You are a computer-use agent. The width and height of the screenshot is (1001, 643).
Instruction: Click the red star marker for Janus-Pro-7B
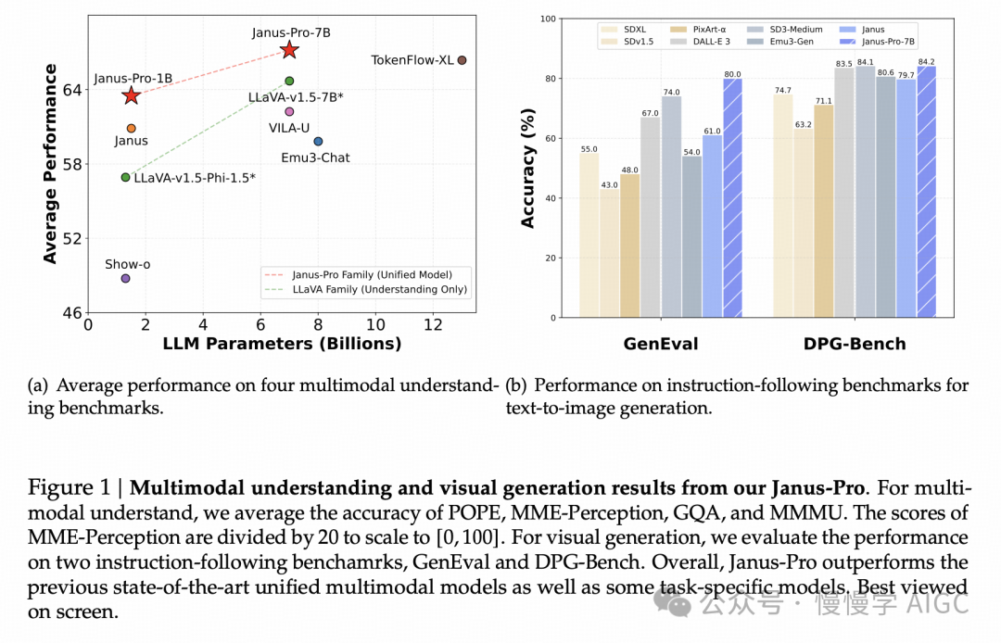pos(289,50)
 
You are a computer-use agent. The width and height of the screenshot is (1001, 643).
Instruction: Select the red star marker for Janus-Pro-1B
pos(131,95)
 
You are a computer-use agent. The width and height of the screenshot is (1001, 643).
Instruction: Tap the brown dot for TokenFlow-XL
pos(462,60)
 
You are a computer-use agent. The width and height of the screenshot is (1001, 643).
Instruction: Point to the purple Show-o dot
pos(125,279)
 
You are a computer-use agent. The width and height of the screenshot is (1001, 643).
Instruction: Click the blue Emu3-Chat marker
pos(318,142)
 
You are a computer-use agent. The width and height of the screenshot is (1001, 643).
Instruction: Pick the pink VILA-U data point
pos(289,111)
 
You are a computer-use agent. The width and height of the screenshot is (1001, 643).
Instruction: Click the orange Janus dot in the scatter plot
pos(131,129)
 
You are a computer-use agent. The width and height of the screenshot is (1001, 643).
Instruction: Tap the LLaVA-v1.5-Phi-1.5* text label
pos(195,177)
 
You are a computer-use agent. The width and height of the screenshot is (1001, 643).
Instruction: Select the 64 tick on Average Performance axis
pos(72,89)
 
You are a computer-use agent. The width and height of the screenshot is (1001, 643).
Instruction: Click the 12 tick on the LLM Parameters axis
pos(433,325)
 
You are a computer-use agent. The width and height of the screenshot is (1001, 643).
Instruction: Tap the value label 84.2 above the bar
pos(925,62)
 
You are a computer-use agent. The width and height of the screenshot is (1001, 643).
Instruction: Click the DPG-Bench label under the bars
pos(855,344)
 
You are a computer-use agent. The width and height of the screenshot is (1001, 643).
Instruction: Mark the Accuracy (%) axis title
pos(528,168)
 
